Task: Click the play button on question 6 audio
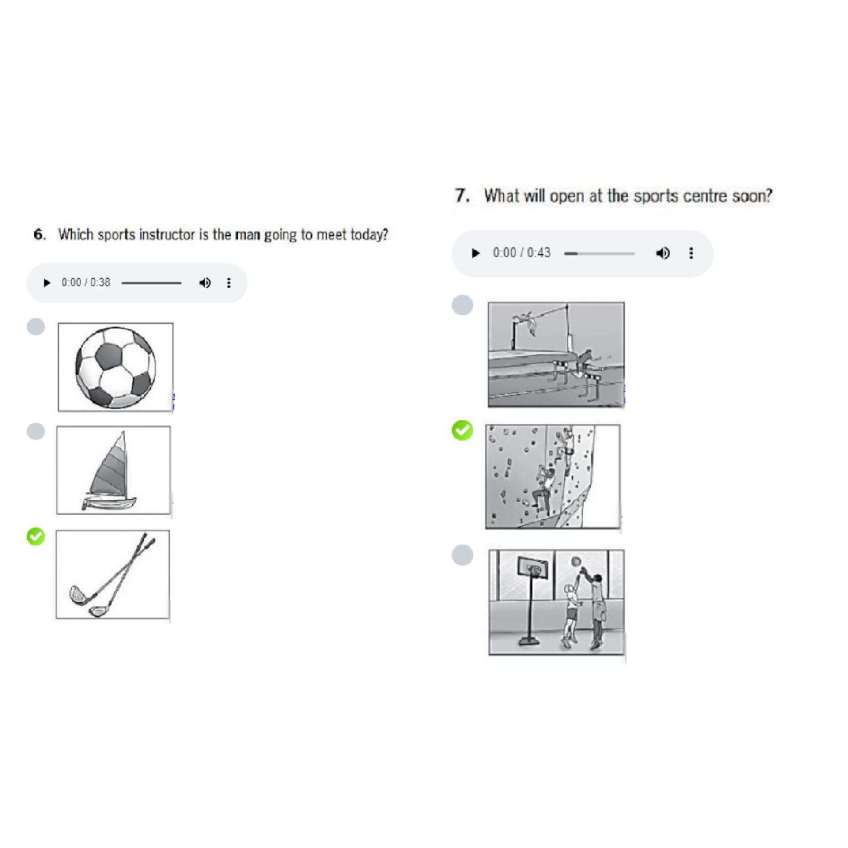point(47,283)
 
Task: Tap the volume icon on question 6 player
point(205,283)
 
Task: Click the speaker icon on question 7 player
point(662,253)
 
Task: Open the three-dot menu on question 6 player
point(229,283)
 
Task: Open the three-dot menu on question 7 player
point(691,253)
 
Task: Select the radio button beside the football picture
point(36,327)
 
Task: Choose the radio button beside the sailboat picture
point(36,431)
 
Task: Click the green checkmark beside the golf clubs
point(36,536)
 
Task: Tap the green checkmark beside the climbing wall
point(462,430)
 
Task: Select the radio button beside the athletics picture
point(462,305)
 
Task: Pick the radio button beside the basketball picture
point(462,555)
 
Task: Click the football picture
point(116,367)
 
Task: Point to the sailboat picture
point(114,470)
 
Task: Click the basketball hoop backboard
point(533,568)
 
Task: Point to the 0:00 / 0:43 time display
point(522,253)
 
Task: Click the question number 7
point(462,196)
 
